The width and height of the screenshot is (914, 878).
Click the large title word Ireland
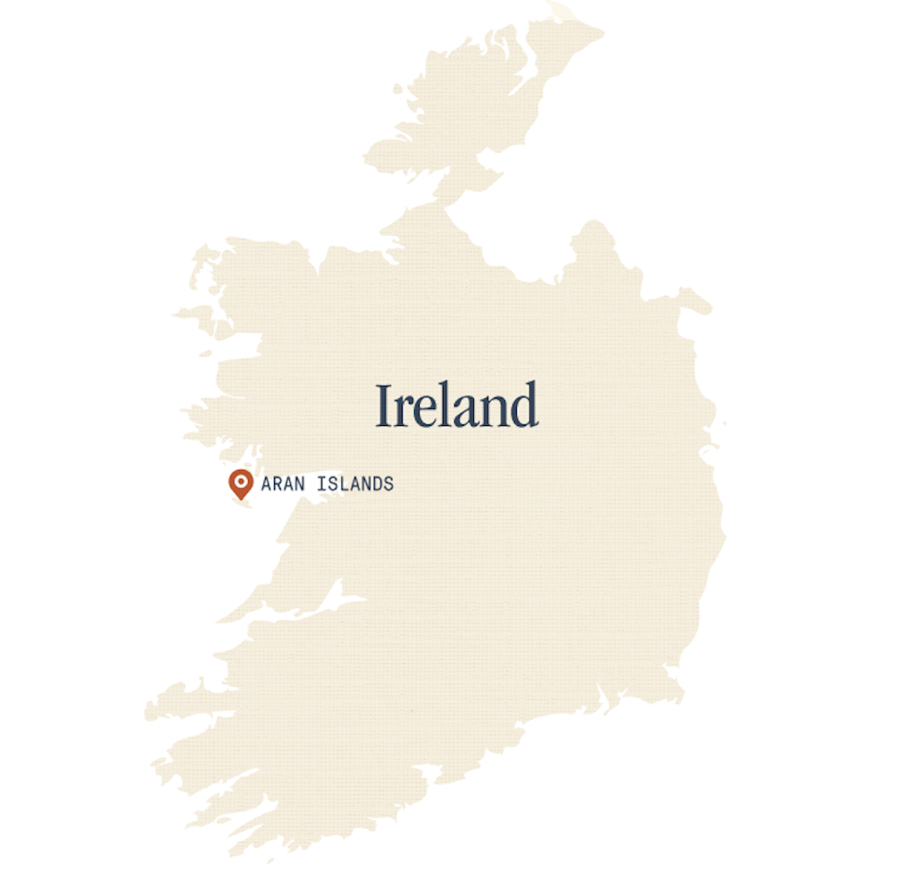[456, 405]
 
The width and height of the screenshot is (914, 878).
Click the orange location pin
[240, 483]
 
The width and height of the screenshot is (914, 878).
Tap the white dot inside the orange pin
[240, 480]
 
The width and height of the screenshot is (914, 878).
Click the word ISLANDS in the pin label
[355, 484]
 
